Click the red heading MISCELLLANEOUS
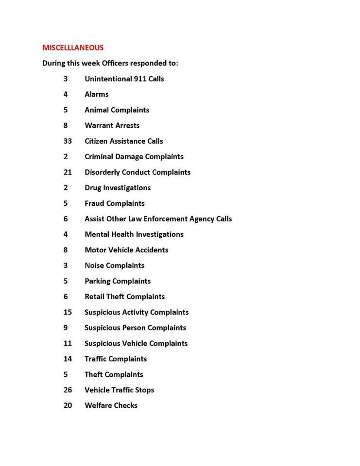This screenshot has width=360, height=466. tap(73, 48)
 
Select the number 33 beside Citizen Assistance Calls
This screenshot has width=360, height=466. tap(68, 141)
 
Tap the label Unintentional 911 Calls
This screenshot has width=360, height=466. tap(124, 79)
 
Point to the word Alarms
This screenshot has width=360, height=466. tap(97, 94)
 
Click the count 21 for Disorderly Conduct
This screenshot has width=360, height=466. tap(68, 172)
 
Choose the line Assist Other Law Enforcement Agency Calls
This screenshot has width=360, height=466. tap(158, 219)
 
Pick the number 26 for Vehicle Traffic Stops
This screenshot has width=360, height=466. tap(68, 390)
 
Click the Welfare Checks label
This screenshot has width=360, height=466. tap(111, 405)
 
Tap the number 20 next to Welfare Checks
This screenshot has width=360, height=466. tap(68, 405)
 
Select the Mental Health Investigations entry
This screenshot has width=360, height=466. tap(134, 234)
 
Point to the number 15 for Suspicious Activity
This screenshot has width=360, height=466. tap(68, 312)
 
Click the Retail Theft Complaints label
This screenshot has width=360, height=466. tap(124, 297)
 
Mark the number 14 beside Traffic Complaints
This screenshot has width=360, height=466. tap(68, 359)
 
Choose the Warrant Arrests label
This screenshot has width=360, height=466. tap(112, 125)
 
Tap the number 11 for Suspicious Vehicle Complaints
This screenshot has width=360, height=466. tap(68, 343)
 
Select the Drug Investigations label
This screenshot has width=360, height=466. tap(118, 188)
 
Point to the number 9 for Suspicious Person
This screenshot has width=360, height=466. tap(66, 328)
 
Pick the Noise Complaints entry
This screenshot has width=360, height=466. tap(114, 266)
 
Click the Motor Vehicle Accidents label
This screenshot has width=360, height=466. tap(126, 250)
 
